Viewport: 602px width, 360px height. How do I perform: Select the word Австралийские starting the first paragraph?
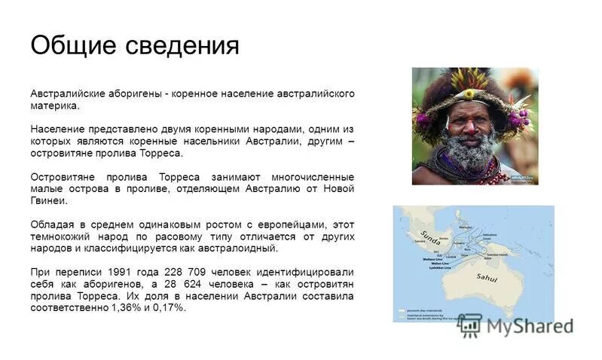(x=66, y=94)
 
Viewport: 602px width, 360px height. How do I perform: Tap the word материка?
(x=54, y=106)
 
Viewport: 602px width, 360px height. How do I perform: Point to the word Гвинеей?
(x=48, y=200)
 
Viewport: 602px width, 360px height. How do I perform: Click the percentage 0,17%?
(x=170, y=307)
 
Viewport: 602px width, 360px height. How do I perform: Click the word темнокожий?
(x=62, y=236)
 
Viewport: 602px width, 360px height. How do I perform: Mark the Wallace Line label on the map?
(x=430, y=258)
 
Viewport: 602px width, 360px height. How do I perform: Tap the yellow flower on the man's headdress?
(x=470, y=94)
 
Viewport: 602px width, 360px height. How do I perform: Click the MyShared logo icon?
(x=470, y=325)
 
